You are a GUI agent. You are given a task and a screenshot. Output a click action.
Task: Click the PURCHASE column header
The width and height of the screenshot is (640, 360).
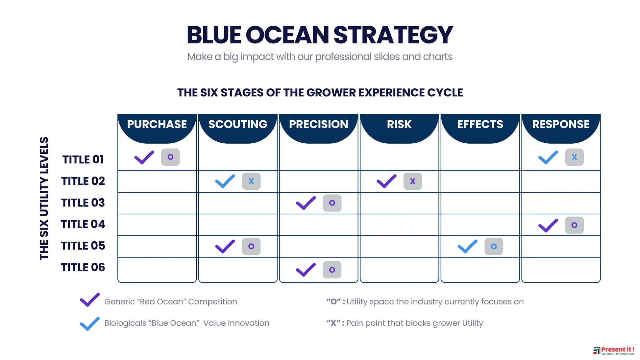click(157, 124)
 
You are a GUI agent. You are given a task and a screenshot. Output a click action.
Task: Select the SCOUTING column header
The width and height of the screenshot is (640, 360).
click(238, 124)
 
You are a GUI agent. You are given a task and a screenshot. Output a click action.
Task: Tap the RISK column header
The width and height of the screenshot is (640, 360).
click(399, 124)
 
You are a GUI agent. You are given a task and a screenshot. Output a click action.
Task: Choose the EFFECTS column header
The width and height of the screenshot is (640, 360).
click(480, 124)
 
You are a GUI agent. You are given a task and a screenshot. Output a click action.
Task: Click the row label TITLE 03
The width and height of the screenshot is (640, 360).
click(83, 203)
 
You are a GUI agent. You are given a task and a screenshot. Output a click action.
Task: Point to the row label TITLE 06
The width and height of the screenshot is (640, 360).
click(83, 267)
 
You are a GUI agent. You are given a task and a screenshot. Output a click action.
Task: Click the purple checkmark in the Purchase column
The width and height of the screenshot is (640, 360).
click(144, 157)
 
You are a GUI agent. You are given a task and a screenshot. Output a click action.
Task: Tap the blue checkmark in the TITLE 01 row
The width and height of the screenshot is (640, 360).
click(548, 157)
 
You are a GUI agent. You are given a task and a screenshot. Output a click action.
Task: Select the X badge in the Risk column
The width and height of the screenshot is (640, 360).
click(413, 181)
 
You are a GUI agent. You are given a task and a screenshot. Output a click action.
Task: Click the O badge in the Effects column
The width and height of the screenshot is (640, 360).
click(494, 247)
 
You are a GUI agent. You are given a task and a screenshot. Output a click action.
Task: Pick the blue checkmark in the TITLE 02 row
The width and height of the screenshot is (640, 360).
click(225, 181)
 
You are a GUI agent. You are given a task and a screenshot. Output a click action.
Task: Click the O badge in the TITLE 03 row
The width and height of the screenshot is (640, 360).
click(332, 203)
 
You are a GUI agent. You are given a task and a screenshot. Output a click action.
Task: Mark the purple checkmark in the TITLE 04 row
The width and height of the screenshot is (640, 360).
click(548, 226)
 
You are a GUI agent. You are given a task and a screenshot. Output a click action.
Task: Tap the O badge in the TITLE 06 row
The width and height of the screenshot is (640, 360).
click(332, 270)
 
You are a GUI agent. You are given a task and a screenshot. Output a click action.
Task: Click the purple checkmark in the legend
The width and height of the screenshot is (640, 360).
click(90, 300)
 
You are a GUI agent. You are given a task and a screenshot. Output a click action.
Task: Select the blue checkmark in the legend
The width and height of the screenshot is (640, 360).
click(90, 324)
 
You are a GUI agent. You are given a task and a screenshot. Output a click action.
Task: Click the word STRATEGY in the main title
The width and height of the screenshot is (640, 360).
click(393, 35)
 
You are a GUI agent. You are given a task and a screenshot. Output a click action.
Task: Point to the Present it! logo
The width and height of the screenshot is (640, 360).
click(614, 351)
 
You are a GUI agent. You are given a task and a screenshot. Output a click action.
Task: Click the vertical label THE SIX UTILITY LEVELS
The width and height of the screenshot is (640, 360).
click(44, 198)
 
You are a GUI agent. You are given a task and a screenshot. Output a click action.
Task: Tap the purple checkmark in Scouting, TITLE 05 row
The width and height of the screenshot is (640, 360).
click(225, 247)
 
